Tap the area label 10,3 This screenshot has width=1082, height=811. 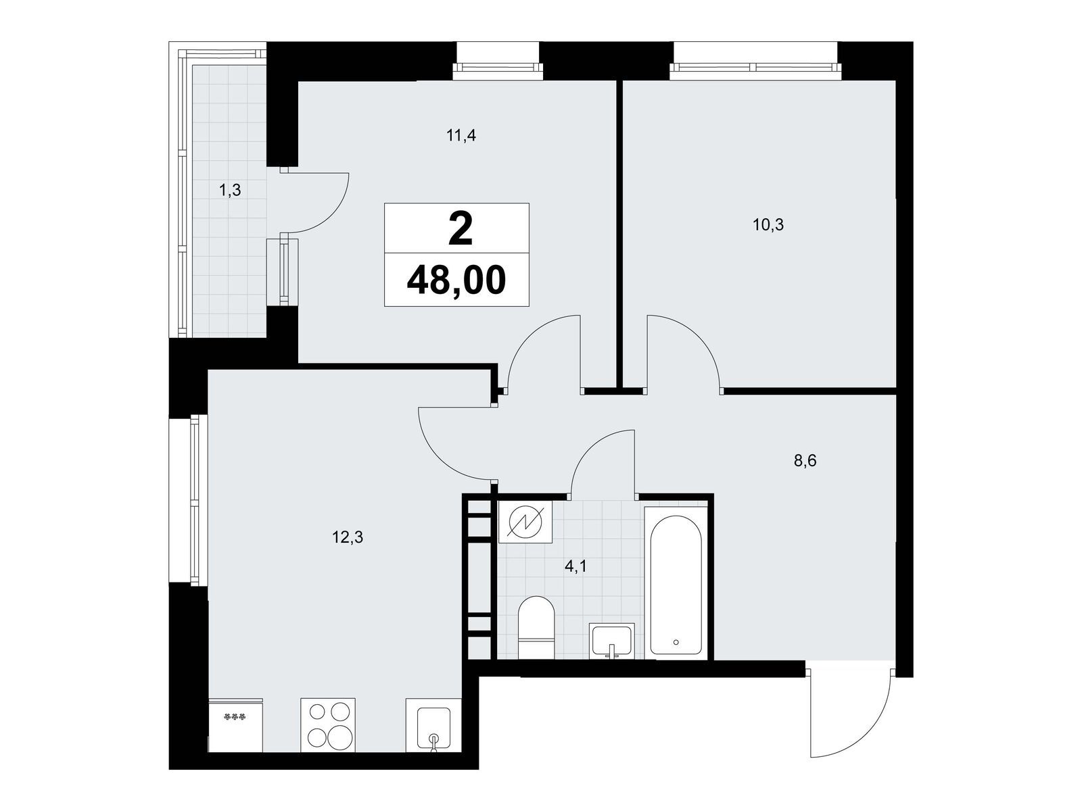pos(768,225)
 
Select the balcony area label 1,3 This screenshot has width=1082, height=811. pos(230,190)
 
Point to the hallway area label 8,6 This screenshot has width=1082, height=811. pos(805,461)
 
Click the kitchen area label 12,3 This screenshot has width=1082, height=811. pos(348,537)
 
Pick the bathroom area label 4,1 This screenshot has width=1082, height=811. pos(575,567)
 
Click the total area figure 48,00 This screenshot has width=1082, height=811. pos(456,280)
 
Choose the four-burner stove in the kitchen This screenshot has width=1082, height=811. pos(328,724)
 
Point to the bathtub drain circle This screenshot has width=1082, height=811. pos(676,641)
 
